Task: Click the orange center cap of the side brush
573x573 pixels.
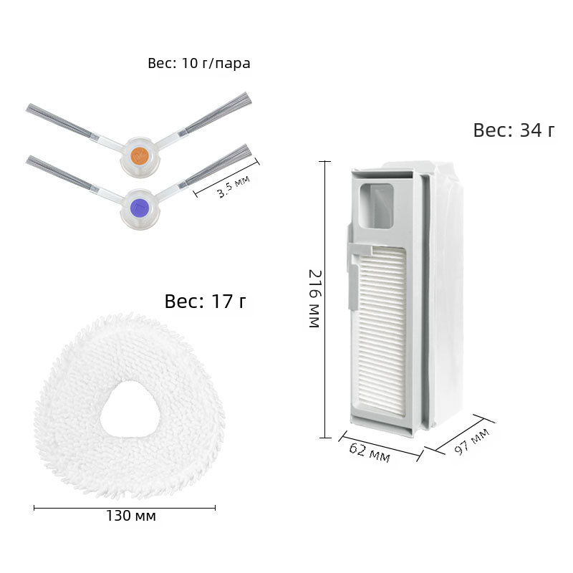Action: [140, 155]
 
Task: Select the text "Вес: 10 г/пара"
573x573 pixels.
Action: [199, 63]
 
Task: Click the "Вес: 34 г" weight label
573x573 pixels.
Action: [514, 130]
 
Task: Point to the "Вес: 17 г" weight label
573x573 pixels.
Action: [205, 301]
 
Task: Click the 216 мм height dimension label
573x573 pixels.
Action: [314, 299]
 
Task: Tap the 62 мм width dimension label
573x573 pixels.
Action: [370, 453]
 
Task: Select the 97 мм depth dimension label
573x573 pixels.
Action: [472, 442]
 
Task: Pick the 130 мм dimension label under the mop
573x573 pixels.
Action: [131, 516]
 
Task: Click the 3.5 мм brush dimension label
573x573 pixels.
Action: [233, 186]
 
